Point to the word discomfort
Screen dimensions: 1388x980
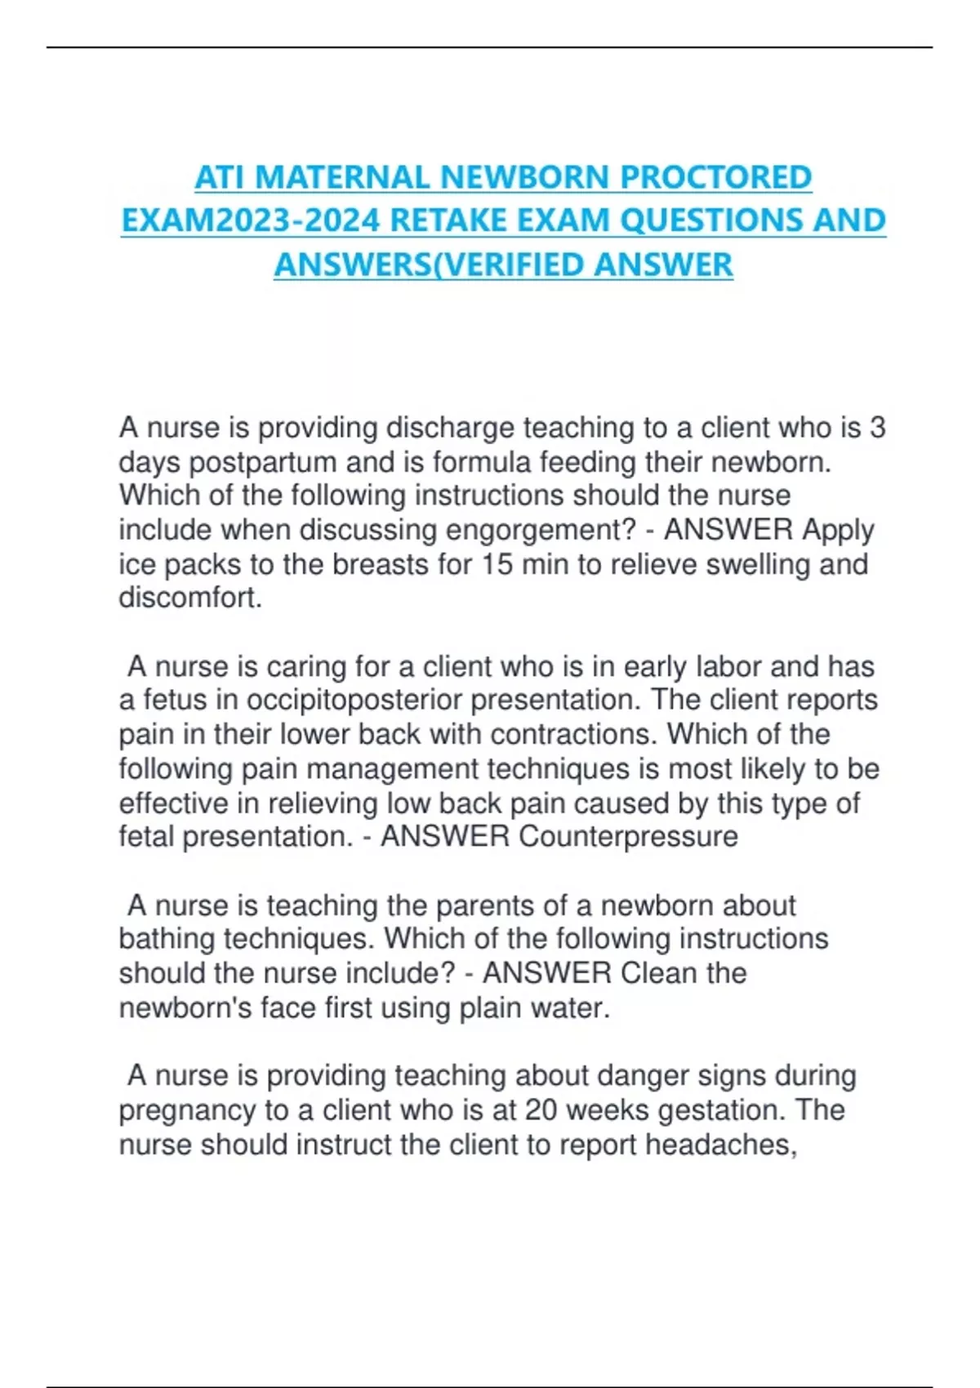pos(190,598)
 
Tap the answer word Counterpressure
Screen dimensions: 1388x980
pos(628,837)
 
